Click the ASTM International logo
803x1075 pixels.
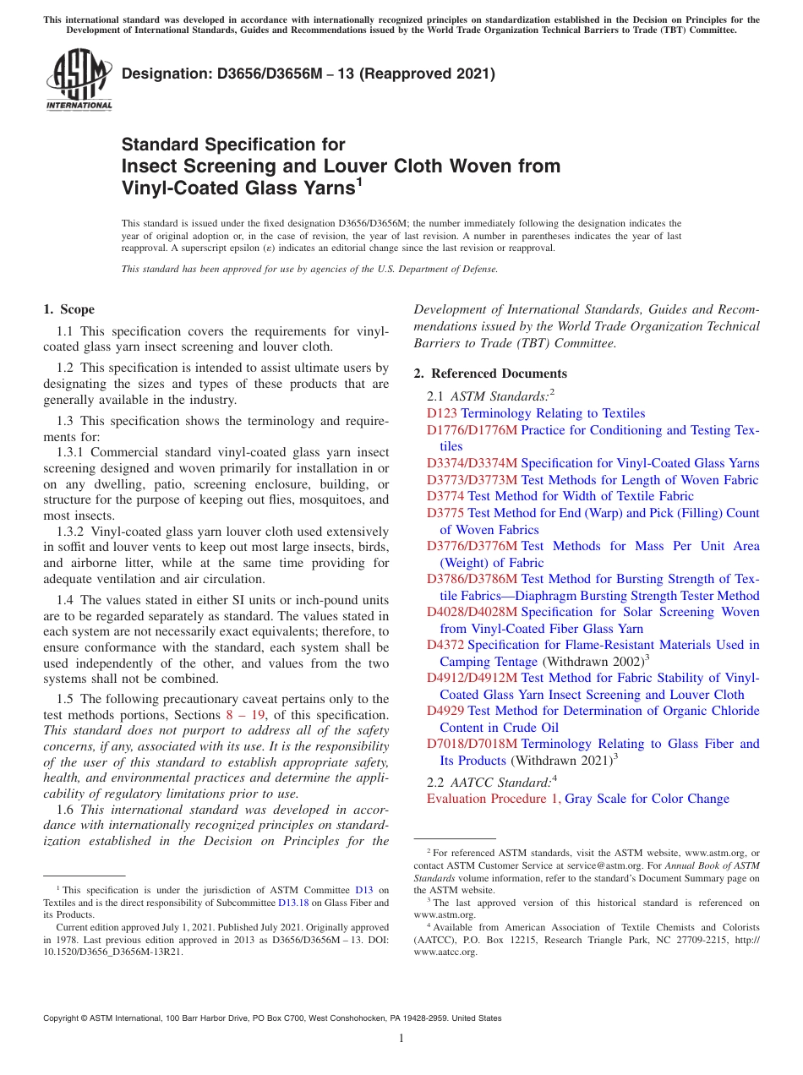[78, 80]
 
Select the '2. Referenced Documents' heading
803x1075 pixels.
[490, 374]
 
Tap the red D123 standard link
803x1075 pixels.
[442, 413]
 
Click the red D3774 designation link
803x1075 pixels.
[445, 496]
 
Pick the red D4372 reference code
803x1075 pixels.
[445, 645]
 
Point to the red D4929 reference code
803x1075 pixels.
[445, 711]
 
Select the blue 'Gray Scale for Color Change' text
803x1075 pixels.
[647, 799]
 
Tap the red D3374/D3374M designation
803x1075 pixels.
[472, 463]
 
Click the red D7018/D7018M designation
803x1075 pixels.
[472, 744]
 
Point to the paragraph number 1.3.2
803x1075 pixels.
[70, 532]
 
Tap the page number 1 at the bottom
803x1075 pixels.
[401, 1038]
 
